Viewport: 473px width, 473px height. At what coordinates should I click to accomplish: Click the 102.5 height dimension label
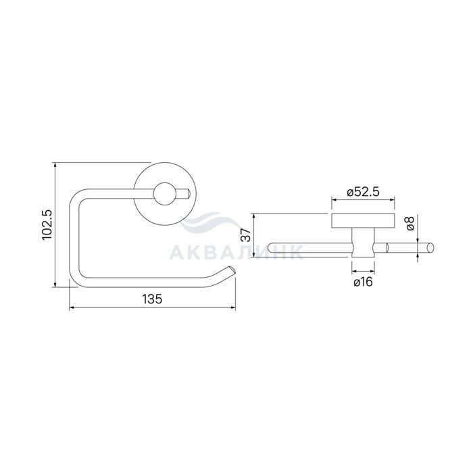(47, 225)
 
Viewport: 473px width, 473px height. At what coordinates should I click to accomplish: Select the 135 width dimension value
(152, 299)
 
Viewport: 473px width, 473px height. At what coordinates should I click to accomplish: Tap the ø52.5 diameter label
(363, 192)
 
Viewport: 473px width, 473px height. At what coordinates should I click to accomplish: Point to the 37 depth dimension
(247, 234)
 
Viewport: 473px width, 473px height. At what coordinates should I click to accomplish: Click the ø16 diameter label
(364, 282)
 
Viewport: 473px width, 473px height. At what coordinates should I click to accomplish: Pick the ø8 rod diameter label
(410, 223)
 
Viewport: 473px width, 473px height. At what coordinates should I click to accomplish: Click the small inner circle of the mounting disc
(164, 194)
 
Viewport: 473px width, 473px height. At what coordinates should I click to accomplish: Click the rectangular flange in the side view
(364, 220)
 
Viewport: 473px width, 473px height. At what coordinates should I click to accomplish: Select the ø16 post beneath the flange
(364, 243)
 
